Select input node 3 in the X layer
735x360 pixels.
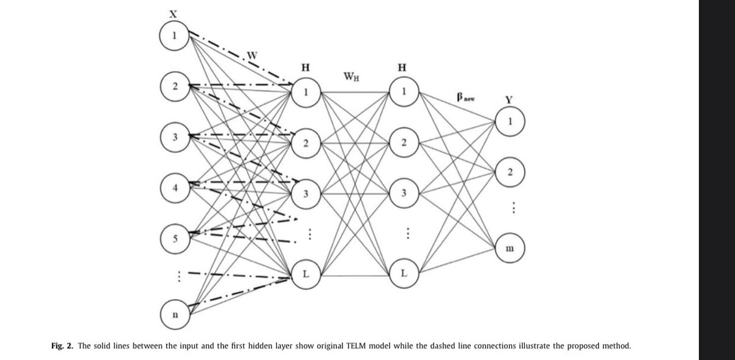tap(174, 136)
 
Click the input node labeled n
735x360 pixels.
tap(174, 315)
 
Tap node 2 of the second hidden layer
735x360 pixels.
tap(403, 143)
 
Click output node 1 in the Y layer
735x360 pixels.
tap(510, 119)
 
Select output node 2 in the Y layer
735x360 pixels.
tap(510, 172)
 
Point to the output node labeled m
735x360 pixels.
tap(510, 249)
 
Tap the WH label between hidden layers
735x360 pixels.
tap(352, 78)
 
